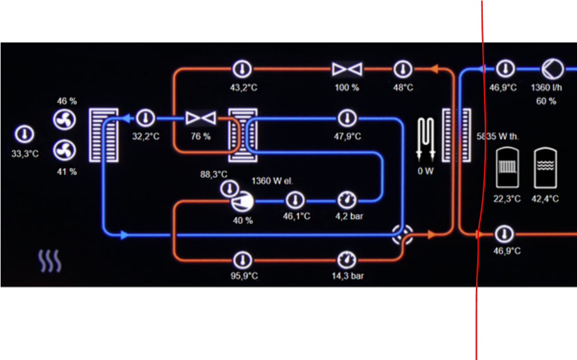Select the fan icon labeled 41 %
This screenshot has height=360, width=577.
[65, 150]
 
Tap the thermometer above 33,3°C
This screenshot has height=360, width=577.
[24, 135]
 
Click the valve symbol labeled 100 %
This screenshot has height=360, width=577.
[346, 69]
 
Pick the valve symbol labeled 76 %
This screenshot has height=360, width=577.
[200, 117]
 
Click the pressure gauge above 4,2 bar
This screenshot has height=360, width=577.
[347, 199]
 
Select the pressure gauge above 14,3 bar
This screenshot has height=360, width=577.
[347, 258]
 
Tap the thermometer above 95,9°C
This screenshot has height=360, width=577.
[244, 258]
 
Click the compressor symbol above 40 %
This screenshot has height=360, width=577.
[241, 200]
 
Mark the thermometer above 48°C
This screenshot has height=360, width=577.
[403, 68]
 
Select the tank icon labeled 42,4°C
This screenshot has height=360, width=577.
[545, 167]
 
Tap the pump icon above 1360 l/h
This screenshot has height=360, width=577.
[551, 68]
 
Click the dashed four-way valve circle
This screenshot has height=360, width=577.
[403, 234]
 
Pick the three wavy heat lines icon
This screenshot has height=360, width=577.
[50, 262]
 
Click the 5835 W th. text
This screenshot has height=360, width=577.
[498, 136]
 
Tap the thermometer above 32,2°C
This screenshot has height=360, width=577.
[145, 117]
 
